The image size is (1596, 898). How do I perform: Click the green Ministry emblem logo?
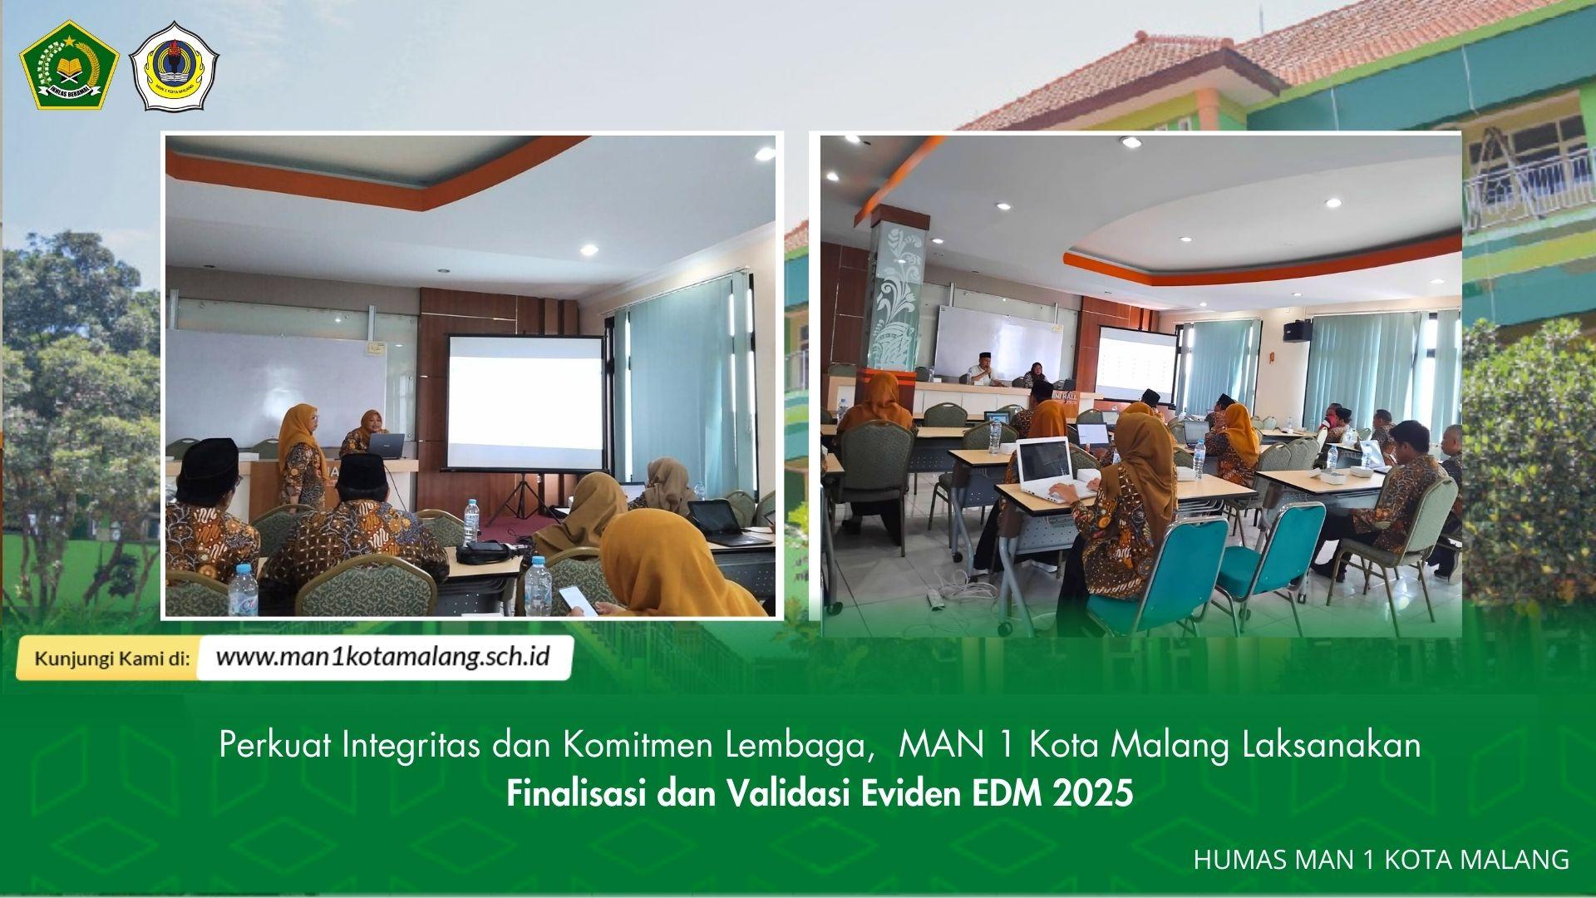click(69, 66)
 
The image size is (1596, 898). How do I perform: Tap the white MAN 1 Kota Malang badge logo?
click(174, 67)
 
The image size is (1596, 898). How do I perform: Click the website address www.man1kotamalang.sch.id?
click(383, 657)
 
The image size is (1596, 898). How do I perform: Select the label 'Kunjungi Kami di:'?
click(111, 659)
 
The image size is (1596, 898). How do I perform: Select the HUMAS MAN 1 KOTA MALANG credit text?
click(1381, 859)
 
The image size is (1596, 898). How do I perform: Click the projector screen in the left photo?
click(525, 402)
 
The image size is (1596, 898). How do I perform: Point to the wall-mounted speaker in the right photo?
click(1296, 329)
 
